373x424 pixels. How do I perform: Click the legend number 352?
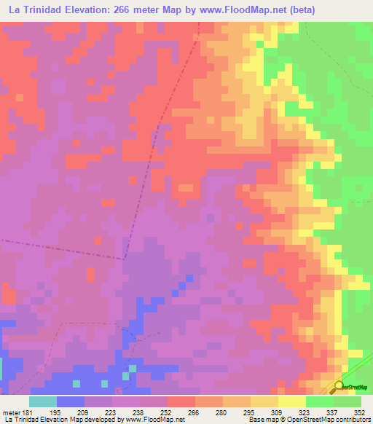[359, 412]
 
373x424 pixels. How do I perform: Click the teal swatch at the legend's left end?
[43, 401]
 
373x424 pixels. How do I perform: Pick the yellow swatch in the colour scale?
[292, 401]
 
